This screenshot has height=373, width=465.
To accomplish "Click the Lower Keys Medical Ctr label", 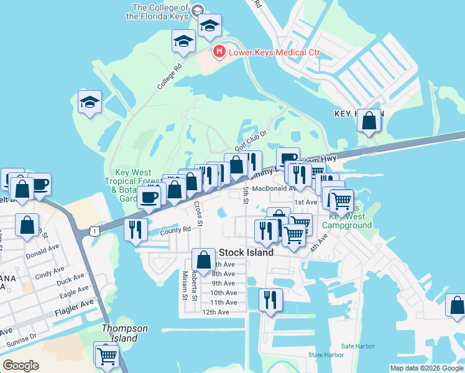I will click(274, 52).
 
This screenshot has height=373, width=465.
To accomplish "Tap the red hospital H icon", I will click(218, 52).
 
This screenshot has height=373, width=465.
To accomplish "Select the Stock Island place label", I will click(246, 253).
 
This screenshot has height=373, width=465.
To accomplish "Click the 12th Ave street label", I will click(215, 312).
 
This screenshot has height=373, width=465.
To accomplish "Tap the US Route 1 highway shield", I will click(93, 231).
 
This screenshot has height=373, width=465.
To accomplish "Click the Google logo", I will click(21, 366).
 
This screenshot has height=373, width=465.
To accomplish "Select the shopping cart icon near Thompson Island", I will click(107, 356).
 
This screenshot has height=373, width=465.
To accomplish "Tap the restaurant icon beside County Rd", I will click(135, 229).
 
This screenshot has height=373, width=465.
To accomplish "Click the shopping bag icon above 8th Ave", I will click(203, 259).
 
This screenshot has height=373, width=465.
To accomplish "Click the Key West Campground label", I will click(350, 221).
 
